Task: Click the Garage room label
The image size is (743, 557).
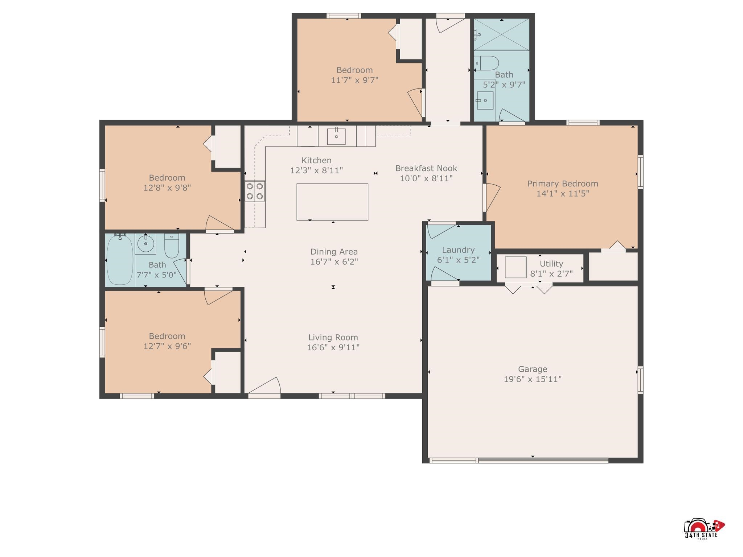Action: [532, 369]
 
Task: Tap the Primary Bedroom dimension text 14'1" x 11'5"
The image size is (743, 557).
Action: [563, 194]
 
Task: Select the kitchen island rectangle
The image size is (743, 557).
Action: [332, 202]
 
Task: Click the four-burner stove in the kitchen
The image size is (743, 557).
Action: [255, 191]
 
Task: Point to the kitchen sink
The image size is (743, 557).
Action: [336, 136]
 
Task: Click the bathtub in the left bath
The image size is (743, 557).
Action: [120, 260]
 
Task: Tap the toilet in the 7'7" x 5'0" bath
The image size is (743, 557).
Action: [172, 245]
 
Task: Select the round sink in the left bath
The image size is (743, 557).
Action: [145, 244]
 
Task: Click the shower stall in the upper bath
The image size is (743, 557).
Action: [502, 35]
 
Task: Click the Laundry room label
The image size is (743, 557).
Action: [458, 250]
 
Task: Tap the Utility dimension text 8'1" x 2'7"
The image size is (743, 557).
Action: [551, 274]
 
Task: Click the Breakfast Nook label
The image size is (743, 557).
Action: [426, 168]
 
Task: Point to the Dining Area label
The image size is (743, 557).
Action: [334, 252]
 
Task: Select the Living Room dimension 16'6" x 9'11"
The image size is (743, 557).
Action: [333, 347]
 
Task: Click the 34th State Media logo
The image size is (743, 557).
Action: [704, 529]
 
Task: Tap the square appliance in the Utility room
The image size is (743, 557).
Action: [516, 267]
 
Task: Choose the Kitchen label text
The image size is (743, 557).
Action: [316, 160]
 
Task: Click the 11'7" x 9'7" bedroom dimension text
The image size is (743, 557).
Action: [354, 80]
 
